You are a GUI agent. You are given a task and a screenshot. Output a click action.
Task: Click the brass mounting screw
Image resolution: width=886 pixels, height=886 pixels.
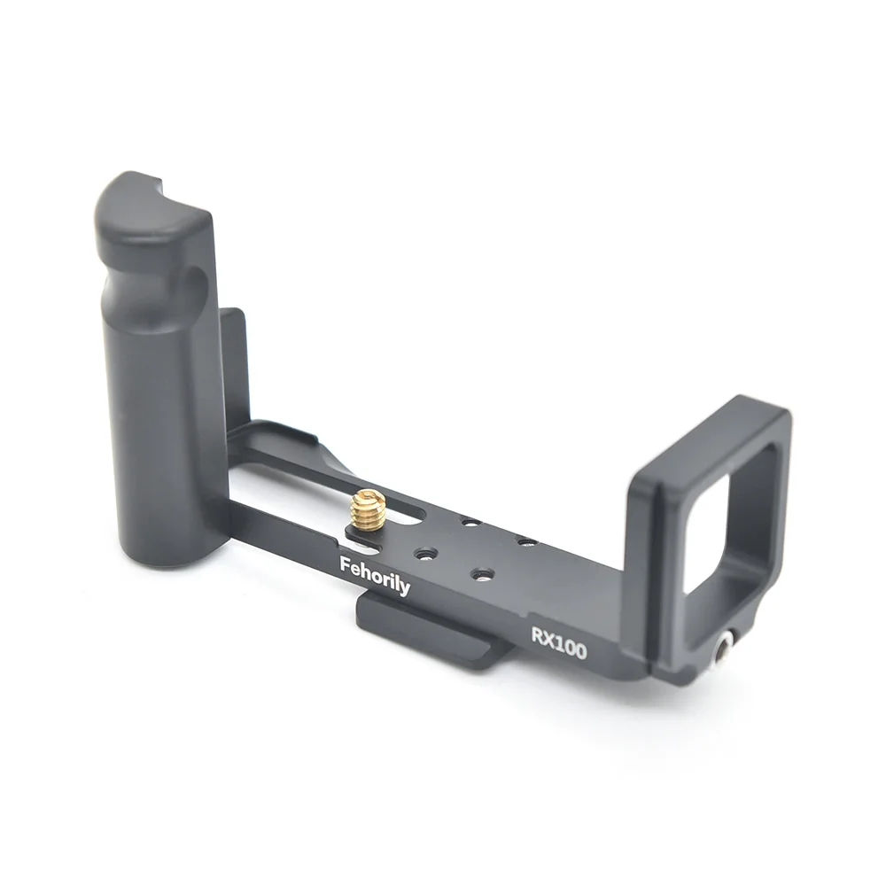(367, 511)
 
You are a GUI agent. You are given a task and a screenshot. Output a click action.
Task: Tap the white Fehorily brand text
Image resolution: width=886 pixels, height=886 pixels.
(375, 575)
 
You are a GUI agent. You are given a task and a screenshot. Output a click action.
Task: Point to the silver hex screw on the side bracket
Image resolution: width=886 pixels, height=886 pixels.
(724, 647)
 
